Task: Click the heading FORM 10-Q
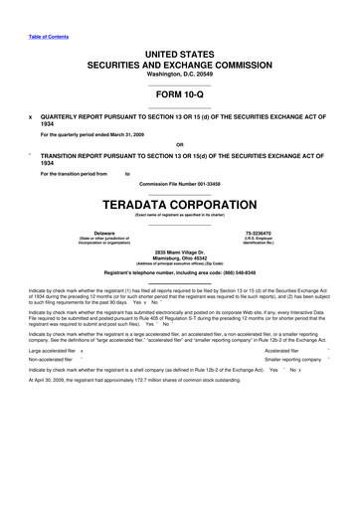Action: [x=180, y=94]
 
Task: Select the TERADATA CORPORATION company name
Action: [x=180, y=200]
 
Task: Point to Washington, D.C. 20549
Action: [x=180, y=74]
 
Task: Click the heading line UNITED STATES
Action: [x=180, y=51]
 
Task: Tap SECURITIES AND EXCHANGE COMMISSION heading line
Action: [x=180, y=63]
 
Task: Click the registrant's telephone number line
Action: [x=180, y=271]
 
